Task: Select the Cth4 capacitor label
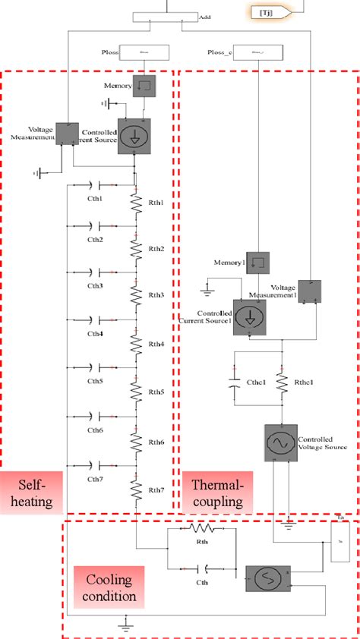95,333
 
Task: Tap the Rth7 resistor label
156,489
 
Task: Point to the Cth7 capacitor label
95,479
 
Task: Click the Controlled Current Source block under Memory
134,134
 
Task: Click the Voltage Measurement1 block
310,292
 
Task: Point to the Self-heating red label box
31,492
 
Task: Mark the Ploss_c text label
219,52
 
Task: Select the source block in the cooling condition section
265,579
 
